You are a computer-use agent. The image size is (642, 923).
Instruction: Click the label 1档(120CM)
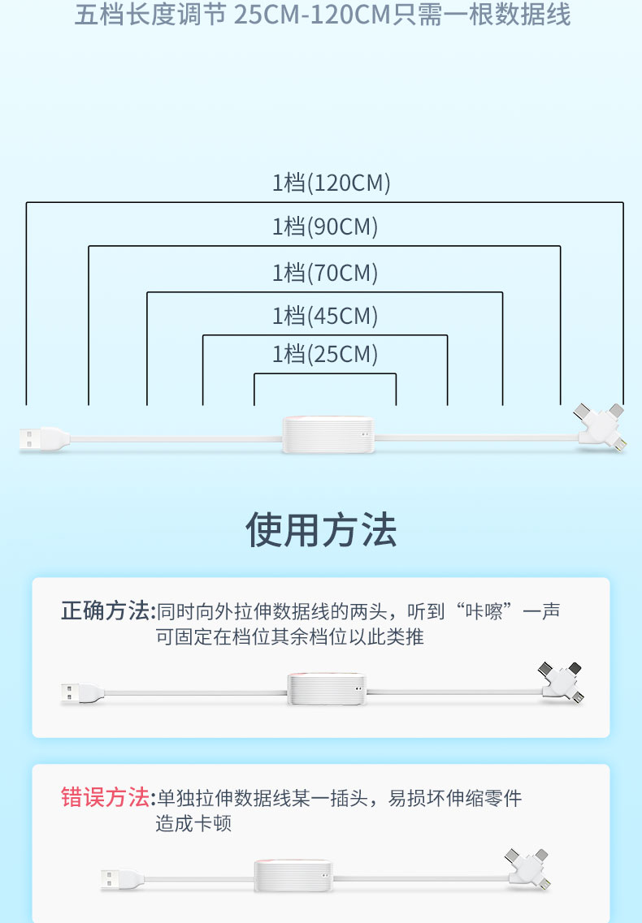click(x=331, y=183)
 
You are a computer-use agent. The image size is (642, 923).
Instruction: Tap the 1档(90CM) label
click(x=325, y=227)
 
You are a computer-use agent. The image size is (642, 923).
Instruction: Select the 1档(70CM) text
click(x=325, y=273)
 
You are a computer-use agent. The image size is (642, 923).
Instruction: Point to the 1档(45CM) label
click(x=325, y=316)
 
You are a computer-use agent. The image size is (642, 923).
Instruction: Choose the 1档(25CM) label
click(x=325, y=355)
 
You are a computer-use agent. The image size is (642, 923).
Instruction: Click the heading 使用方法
click(x=321, y=530)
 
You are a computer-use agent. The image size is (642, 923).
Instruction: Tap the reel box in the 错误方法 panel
click(x=294, y=877)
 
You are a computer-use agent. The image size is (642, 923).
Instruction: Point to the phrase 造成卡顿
click(x=193, y=824)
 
